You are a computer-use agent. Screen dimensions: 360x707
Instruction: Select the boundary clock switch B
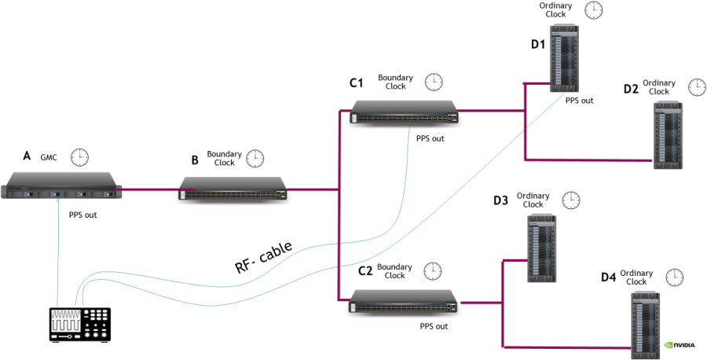click(x=233, y=189)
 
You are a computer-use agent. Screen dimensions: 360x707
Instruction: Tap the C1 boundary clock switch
click(x=404, y=112)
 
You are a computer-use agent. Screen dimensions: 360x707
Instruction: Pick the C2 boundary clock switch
click(x=404, y=302)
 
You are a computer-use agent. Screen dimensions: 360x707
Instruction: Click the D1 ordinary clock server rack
click(x=563, y=58)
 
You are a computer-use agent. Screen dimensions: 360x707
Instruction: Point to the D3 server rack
click(x=542, y=248)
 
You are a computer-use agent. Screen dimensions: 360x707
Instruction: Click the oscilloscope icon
click(x=79, y=323)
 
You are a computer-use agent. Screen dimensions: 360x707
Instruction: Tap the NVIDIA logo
click(x=680, y=344)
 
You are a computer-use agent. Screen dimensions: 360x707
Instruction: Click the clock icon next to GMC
click(x=79, y=157)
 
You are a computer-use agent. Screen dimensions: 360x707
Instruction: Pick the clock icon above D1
click(x=595, y=10)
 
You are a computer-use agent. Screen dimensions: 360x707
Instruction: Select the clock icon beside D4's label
click(x=674, y=277)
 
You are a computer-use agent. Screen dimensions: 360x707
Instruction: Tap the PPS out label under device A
click(x=83, y=214)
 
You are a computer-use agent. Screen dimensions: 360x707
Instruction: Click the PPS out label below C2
click(x=434, y=325)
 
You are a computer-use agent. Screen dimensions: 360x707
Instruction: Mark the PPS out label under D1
click(x=579, y=101)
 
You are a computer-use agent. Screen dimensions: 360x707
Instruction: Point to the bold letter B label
click(x=195, y=161)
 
